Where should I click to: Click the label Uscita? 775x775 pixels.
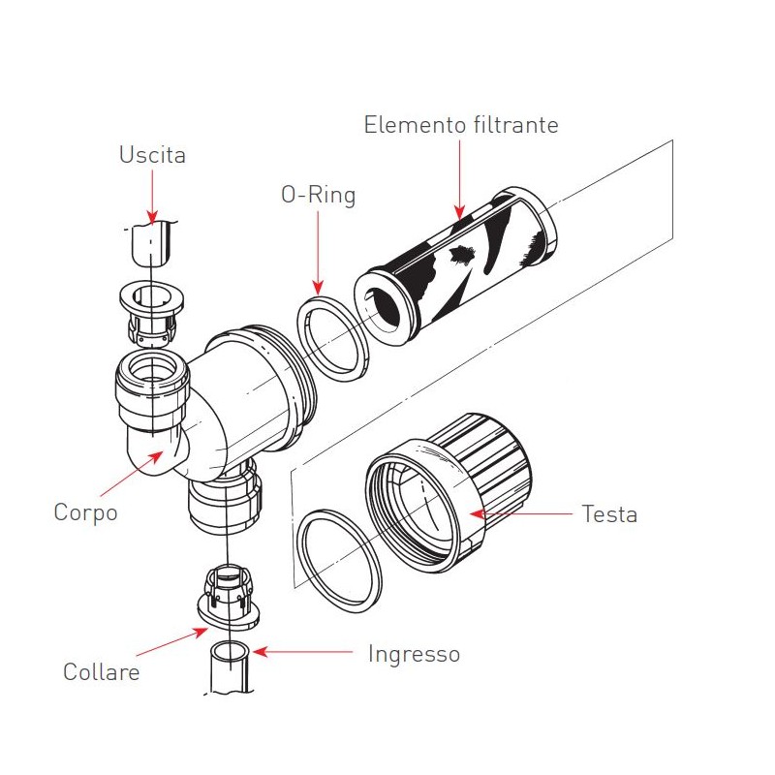(152, 155)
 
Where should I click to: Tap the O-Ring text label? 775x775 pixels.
(318, 195)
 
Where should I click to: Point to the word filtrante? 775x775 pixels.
(513, 125)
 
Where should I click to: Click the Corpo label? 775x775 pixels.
(85, 512)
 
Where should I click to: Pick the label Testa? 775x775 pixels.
(609, 514)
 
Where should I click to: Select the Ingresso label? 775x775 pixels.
(414, 654)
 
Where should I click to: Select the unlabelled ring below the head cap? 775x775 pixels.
(339, 560)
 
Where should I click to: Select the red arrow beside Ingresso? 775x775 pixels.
(300, 653)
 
